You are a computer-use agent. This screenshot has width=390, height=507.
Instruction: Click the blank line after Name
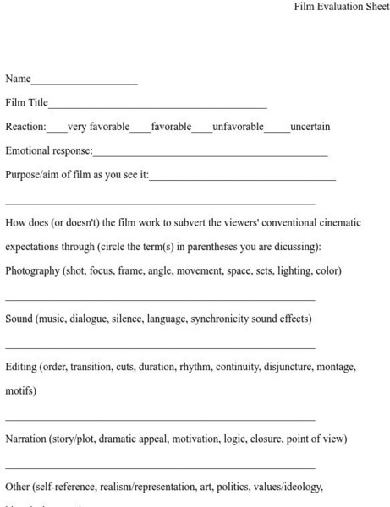coord(84,82)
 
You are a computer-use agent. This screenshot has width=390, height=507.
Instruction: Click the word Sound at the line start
coord(19,319)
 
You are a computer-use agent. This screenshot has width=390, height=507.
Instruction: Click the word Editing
coord(20,368)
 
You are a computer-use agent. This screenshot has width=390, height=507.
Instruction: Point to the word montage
coord(336,368)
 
